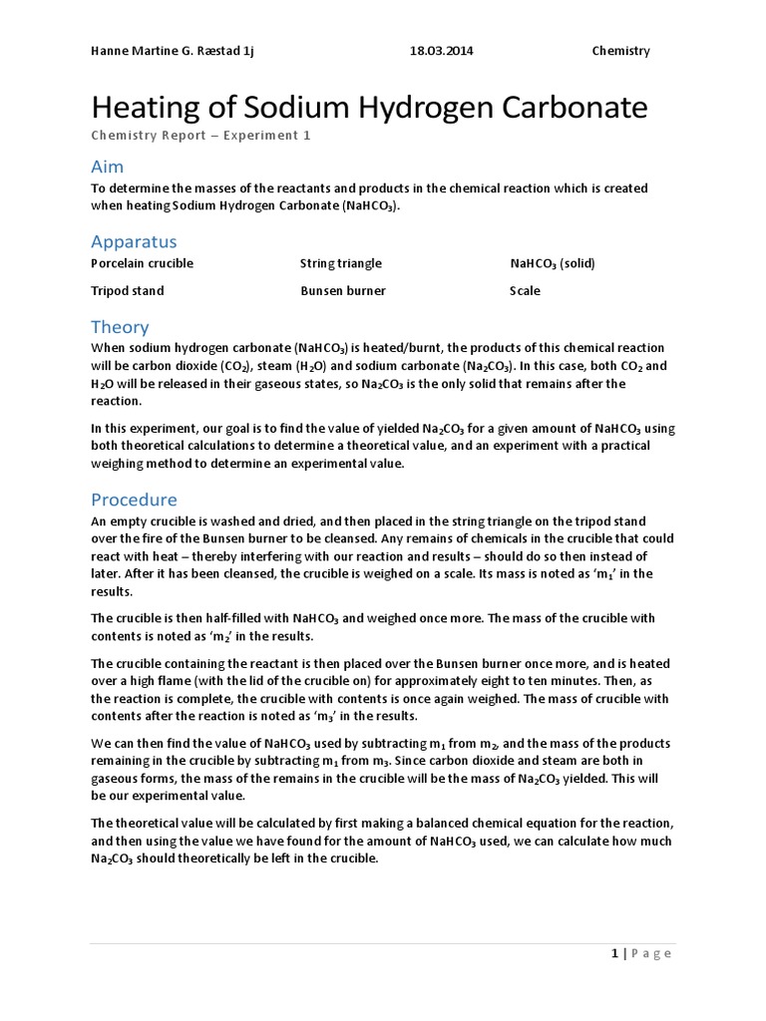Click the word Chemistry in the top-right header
pyautogui.click(x=620, y=51)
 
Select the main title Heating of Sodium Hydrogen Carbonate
pyautogui.click(x=369, y=108)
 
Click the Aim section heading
pyautogui.click(x=108, y=167)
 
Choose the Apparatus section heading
pyautogui.click(x=134, y=241)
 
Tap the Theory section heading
pyautogui.click(x=120, y=327)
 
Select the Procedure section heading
pyautogui.click(x=134, y=500)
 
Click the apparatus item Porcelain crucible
pyautogui.click(x=142, y=264)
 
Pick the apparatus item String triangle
pyautogui.click(x=340, y=264)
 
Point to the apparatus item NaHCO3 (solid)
pyautogui.click(x=552, y=264)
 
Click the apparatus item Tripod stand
pyautogui.click(x=127, y=291)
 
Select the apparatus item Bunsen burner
pyautogui.click(x=342, y=291)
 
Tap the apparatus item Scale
pyautogui.click(x=525, y=291)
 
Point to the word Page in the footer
pyautogui.click(x=652, y=953)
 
